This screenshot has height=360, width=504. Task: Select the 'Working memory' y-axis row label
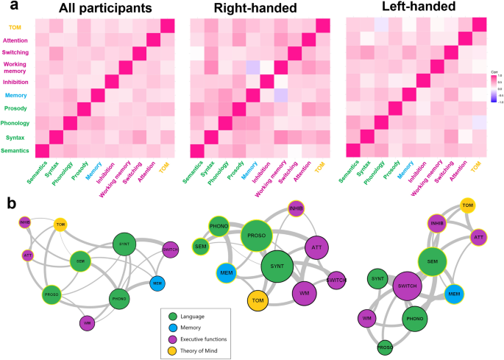pyautogui.click(x=16, y=68)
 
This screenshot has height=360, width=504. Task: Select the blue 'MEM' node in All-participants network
pyautogui.click(x=156, y=283)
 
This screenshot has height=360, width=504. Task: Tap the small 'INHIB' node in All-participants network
pyautogui.click(x=25, y=222)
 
